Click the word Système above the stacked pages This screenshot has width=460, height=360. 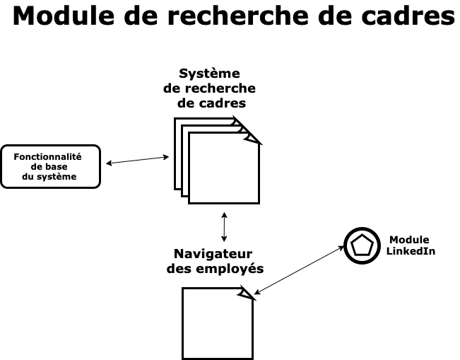coord(209,74)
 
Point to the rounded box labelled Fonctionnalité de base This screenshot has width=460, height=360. coord(50,166)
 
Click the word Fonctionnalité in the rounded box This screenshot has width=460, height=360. coord(48,156)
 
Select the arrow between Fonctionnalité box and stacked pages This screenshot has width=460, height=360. coord(137,160)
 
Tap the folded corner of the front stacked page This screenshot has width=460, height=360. coord(252,137)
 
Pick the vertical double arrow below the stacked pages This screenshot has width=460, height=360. coord(224,226)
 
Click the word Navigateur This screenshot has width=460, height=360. coord(213,254)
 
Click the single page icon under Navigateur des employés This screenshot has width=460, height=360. coord(216,324)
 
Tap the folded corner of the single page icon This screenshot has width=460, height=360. coord(246,293)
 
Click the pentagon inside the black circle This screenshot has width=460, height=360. coord(362,245)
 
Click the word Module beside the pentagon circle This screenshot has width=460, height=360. coord(409,240)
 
